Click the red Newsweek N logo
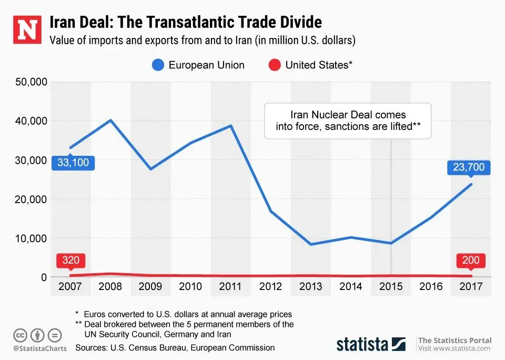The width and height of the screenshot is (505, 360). pyautogui.click(x=26, y=30)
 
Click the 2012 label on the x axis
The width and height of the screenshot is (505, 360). pyautogui.click(x=270, y=287)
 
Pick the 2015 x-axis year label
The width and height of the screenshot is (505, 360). pyautogui.click(x=391, y=287)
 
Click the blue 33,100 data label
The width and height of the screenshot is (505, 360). pyautogui.click(x=73, y=162)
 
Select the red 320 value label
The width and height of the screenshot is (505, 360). pyautogui.click(x=70, y=260)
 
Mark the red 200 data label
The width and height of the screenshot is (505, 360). pyautogui.click(x=470, y=260)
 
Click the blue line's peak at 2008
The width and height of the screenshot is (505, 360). pyautogui.click(x=110, y=121)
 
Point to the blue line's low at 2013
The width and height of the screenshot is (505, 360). pyautogui.click(x=311, y=244)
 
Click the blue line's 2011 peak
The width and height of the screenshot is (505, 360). pyautogui.click(x=230, y=126)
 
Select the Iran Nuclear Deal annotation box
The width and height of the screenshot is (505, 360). pyautogui.click(x=347, y=121)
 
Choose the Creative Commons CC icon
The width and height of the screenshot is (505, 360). pyautogui.click(x=20, y=335)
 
